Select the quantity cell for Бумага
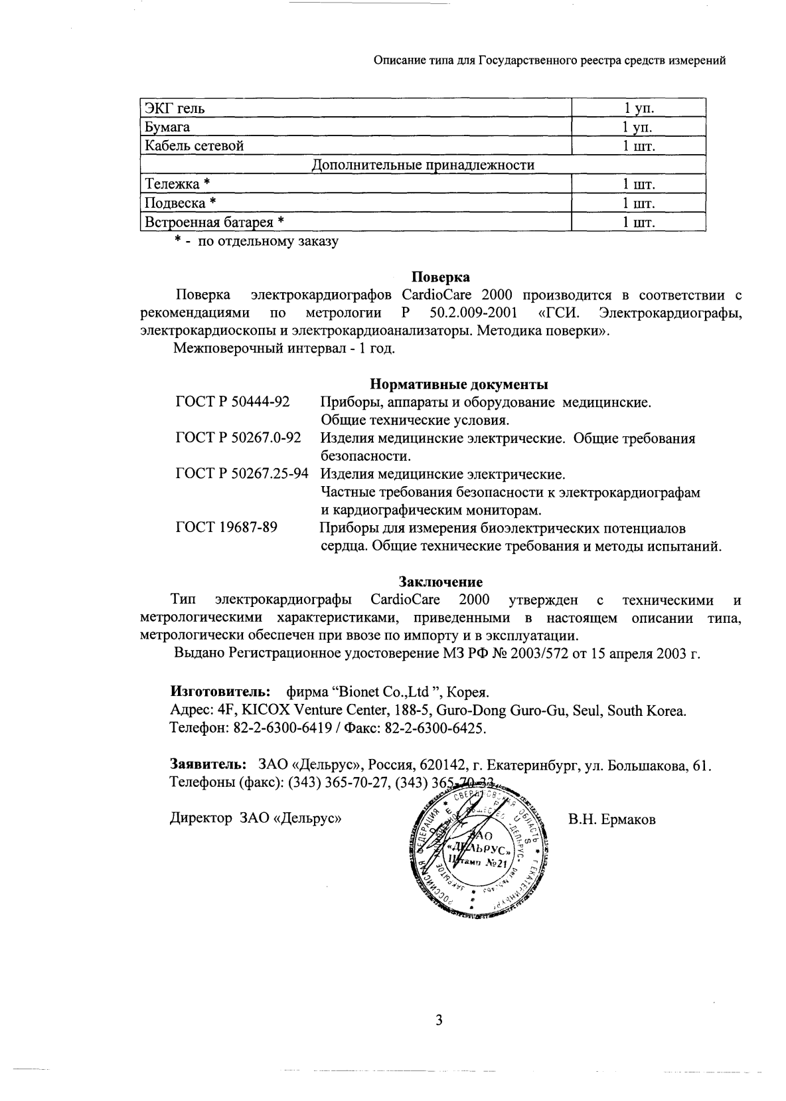coord(638,127)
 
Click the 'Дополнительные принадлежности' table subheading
coord(423,165)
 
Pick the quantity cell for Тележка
coord(638,184)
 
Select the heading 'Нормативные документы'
coord(459,384)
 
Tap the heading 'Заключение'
coord(440,582)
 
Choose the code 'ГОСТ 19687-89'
coord(226,528)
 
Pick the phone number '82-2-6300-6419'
coord(283,728)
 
